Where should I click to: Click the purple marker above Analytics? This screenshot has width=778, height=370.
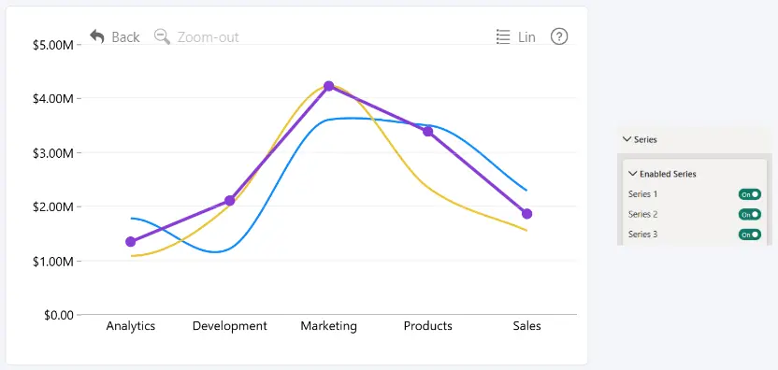[131, 242]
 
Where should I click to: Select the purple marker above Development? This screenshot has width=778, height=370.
[230, 200]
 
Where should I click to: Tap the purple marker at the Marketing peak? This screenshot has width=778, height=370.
[328, 86]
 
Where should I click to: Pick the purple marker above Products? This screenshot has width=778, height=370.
[427, 132]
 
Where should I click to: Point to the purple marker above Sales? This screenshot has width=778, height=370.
[527, 214]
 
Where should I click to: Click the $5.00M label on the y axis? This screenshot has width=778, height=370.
[53, 45]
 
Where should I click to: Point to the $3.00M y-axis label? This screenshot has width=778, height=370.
[53, 152]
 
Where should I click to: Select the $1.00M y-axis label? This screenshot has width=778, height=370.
[53, 261]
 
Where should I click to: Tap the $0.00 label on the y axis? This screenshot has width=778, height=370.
[59, 315]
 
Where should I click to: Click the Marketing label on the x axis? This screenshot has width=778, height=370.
[328, 326]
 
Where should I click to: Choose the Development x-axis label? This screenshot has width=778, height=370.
[230, 326]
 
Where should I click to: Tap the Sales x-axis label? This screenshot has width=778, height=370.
[527, 326]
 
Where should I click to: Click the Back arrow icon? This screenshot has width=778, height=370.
[97, 36]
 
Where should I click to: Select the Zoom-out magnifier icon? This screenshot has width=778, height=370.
[163, 36]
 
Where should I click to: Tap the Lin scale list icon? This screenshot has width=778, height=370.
[503, 36]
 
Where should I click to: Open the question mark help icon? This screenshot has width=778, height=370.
[559, 36]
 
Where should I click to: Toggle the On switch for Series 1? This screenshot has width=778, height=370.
[750, 194]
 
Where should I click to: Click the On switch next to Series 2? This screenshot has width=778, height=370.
[750, 214]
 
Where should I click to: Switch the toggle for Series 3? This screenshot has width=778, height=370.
[750, 235]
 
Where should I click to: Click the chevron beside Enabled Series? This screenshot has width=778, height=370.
[633, 174]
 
